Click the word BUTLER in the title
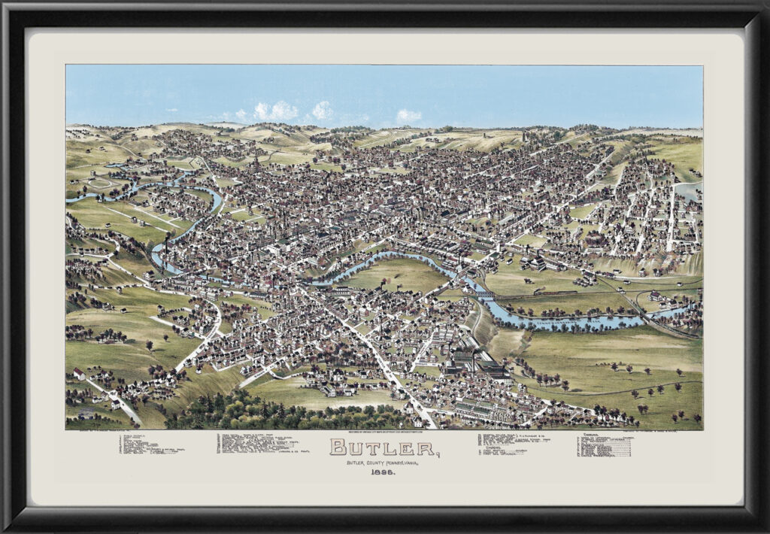[383, 448]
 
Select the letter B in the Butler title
[339, 448]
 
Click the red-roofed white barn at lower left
[79, 374]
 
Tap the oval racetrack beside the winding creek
[102, 183]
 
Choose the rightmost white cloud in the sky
[409, 116]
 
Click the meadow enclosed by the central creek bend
[395, 275]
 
